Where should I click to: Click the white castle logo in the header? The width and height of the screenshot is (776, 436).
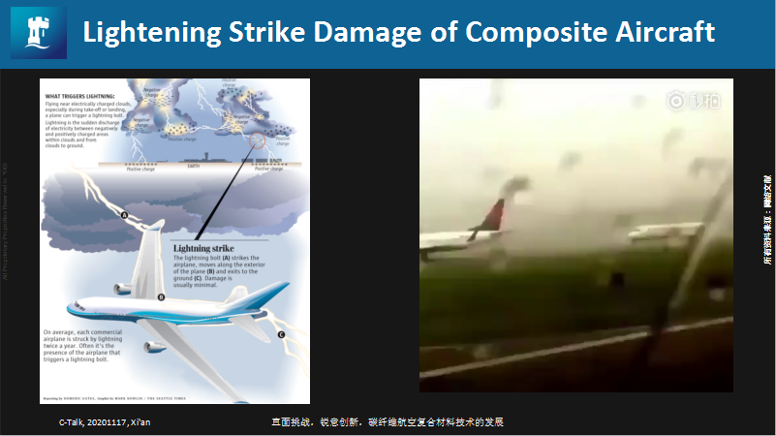[38, 33]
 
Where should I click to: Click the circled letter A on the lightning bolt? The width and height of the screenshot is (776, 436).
[123, 214]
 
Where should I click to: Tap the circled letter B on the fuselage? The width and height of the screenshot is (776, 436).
[161, 296]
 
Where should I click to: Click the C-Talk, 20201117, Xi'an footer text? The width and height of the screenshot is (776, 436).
[105, 422]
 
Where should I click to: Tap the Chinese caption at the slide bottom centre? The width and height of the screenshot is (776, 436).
[388, 422]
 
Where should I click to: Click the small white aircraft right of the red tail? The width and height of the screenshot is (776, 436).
[665, 231]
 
